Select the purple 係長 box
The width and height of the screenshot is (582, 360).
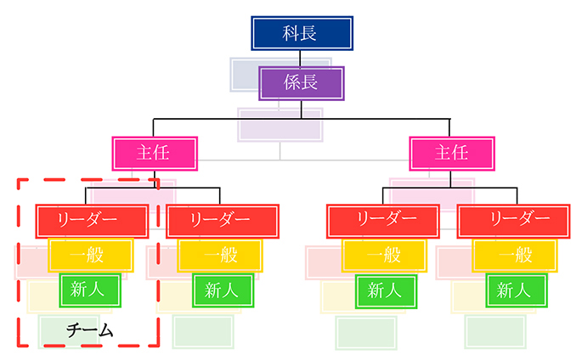pos(302,84)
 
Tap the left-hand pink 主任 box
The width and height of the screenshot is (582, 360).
pos(155,153)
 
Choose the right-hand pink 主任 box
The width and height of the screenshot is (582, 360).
pos(450,153)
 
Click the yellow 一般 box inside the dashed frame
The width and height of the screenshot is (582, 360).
pos(90,255)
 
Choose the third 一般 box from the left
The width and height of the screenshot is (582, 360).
pos(383,255)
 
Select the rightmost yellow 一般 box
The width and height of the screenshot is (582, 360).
pos(515,255)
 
